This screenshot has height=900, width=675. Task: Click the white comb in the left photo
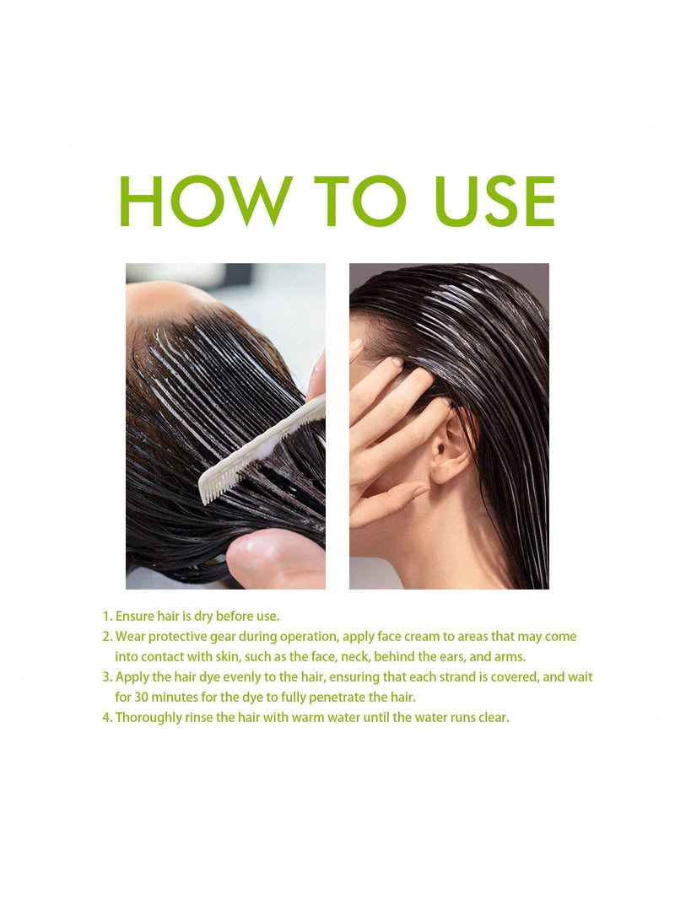tap(262, 450)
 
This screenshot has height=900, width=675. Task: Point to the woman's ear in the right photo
tap(449, 450)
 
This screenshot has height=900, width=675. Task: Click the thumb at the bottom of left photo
tap(276, 560)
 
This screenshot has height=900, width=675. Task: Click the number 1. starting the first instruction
tap(107, 617)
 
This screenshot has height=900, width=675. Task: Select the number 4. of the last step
tap(107, 718)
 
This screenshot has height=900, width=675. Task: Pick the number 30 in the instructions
tap(141, 698)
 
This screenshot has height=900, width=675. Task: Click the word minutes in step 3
tap(174, 698)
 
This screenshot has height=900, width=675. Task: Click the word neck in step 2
tap(354, 656)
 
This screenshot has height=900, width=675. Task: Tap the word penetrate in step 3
tap(337, 698)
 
